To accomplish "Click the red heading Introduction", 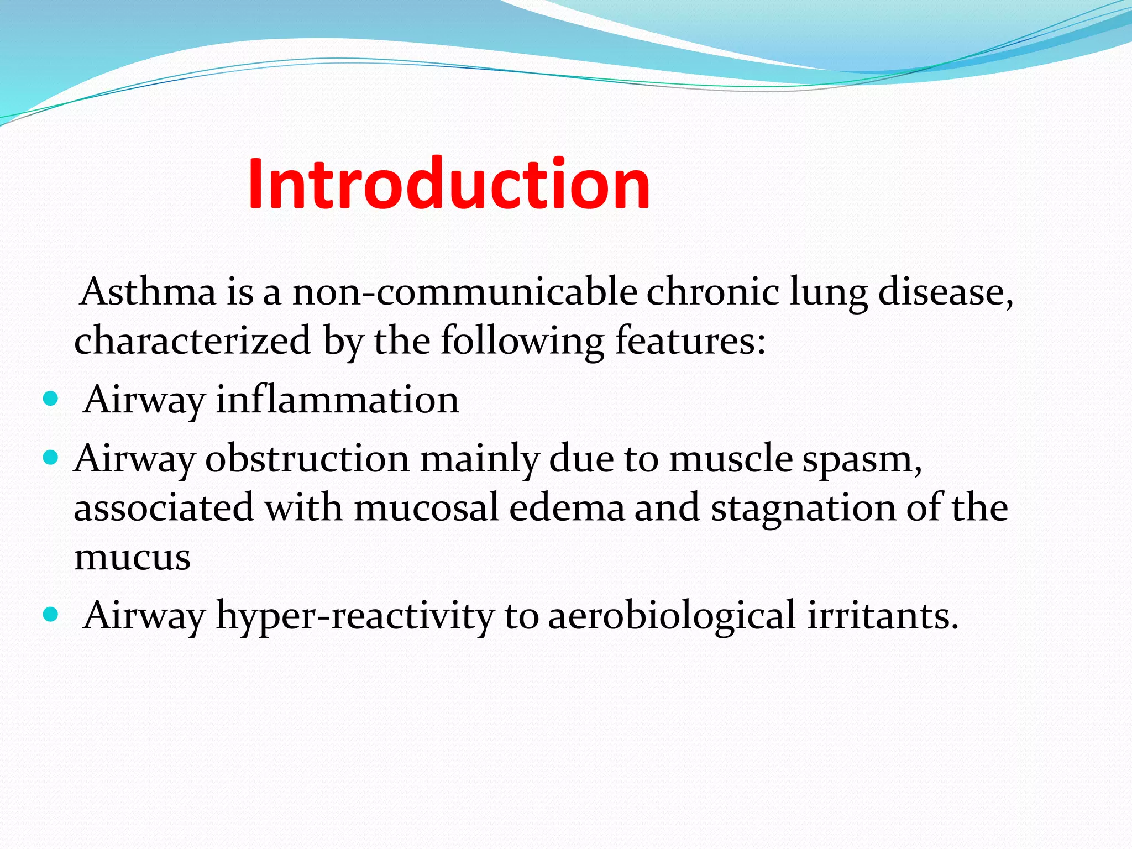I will tap(449, 184).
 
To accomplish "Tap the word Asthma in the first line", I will tap(148, 292).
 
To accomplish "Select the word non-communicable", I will tap(465, 292).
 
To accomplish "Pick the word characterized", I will tap(192, 340).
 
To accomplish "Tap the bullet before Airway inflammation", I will tap(50, 399).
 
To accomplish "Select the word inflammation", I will tap(337, 400).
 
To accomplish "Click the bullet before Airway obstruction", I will tap(50, 458).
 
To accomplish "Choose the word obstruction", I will tap(307, 459).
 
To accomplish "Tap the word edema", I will tap(567, 507).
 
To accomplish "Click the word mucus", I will tap(133, 557).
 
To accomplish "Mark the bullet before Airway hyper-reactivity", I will tap(50, 615).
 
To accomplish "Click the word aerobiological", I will tap(672, 616).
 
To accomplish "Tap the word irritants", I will tap(882, 615).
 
